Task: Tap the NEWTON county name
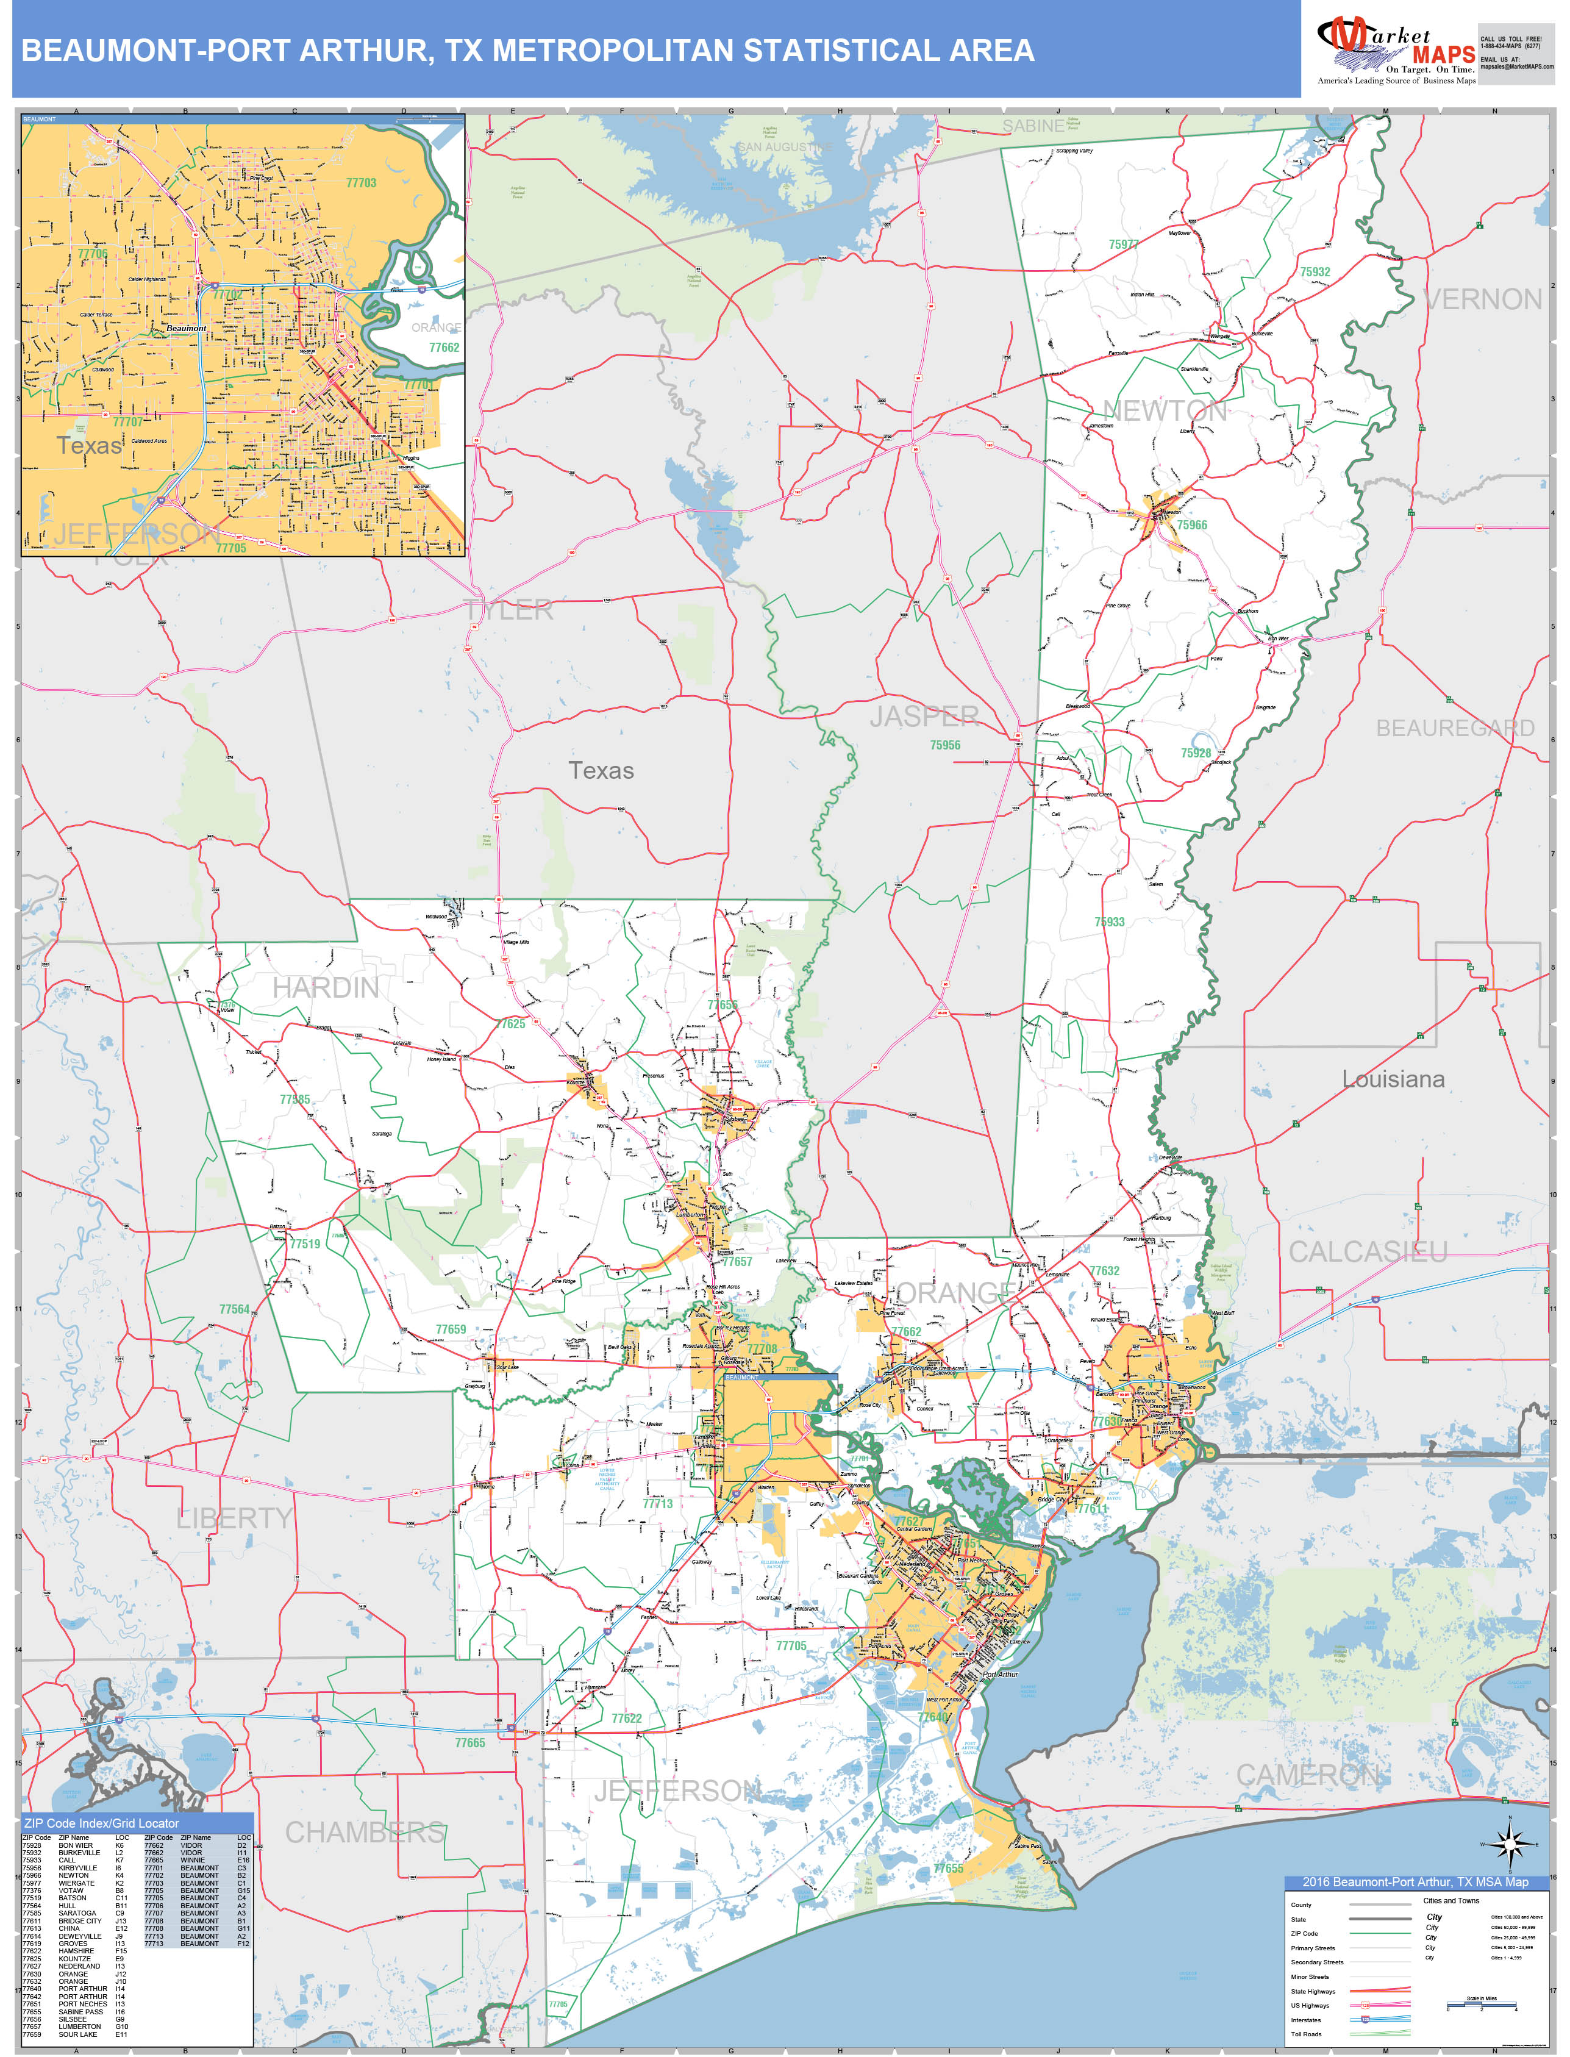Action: (x=1165, y=410)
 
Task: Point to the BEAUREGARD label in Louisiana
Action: (x=1454, y=728)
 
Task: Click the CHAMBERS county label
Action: (x=365, y=1833)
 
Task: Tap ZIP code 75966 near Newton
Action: (x=1191, y=525)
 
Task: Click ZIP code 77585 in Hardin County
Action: (x=294, y=1099)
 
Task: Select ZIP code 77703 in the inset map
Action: (x=361, y=183)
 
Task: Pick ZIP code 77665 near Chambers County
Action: (x=470, y=1743)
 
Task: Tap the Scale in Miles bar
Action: (x=1481, y=2004)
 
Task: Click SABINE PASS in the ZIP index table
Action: (x=80, y=2011)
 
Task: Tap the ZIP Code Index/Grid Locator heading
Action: (x=101, y=1823)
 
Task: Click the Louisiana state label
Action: (x=1393, y=1079)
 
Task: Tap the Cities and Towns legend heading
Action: (x=1450, y=1900)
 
